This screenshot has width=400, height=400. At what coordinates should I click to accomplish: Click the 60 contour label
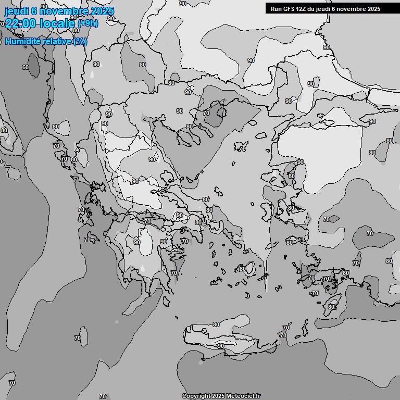[25, 67]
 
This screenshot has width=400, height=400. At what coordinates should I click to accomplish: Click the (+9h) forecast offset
[87, 23]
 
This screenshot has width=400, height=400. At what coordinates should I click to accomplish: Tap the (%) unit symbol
[80, 41]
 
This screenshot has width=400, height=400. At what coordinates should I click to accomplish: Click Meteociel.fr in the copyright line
[243, 396]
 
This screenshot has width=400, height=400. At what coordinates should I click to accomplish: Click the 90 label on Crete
[221, 346]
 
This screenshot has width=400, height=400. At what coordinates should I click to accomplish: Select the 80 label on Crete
[216, 324]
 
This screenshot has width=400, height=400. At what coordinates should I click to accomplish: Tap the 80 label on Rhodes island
[331, 307]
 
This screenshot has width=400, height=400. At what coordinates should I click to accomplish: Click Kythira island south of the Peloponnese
[165, 301]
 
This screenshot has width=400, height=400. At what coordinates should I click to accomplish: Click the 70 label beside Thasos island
[206, 113]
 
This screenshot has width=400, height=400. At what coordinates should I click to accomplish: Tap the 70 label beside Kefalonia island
[87, 240]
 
